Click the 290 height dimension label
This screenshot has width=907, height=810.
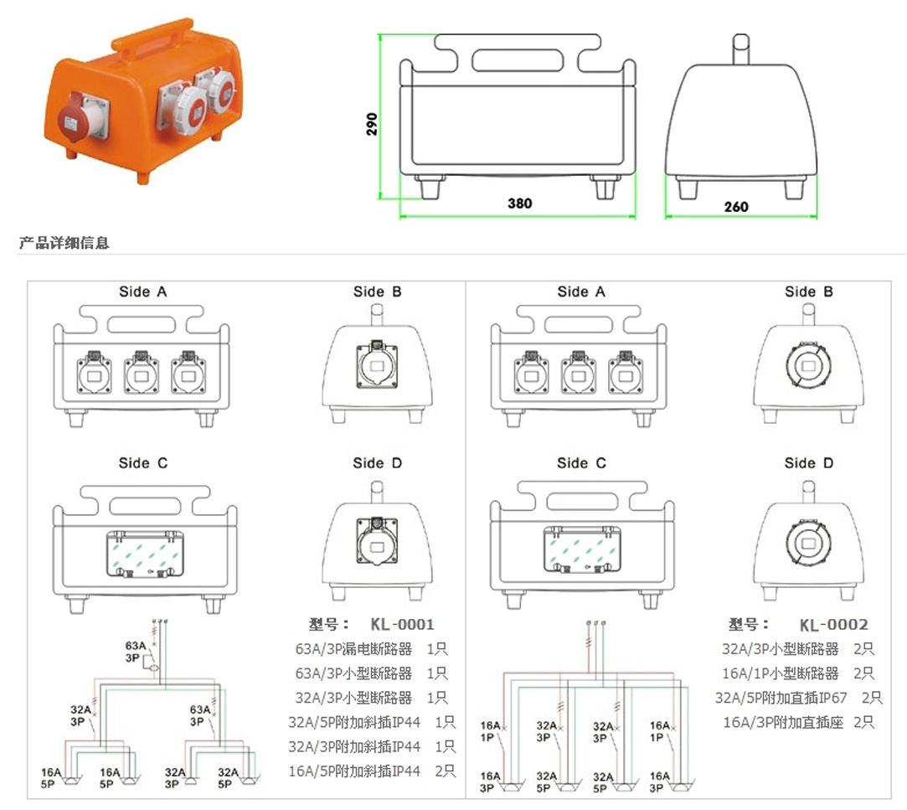[372, 124]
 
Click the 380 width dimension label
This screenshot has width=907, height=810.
[519, 204]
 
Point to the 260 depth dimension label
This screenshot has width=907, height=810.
[737, 207]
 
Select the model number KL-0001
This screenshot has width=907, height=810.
[403, 624]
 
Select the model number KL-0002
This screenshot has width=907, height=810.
[833, 624]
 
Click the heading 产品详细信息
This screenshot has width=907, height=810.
[64, 244]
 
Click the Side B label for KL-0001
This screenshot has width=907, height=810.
[377, 291]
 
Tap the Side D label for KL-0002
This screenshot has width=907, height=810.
[809, 463]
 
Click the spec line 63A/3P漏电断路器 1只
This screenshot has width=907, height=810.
[372, 649]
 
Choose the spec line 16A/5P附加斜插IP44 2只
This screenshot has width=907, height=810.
[372, 771]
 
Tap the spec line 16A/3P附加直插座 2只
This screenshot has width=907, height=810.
[798, 722]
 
